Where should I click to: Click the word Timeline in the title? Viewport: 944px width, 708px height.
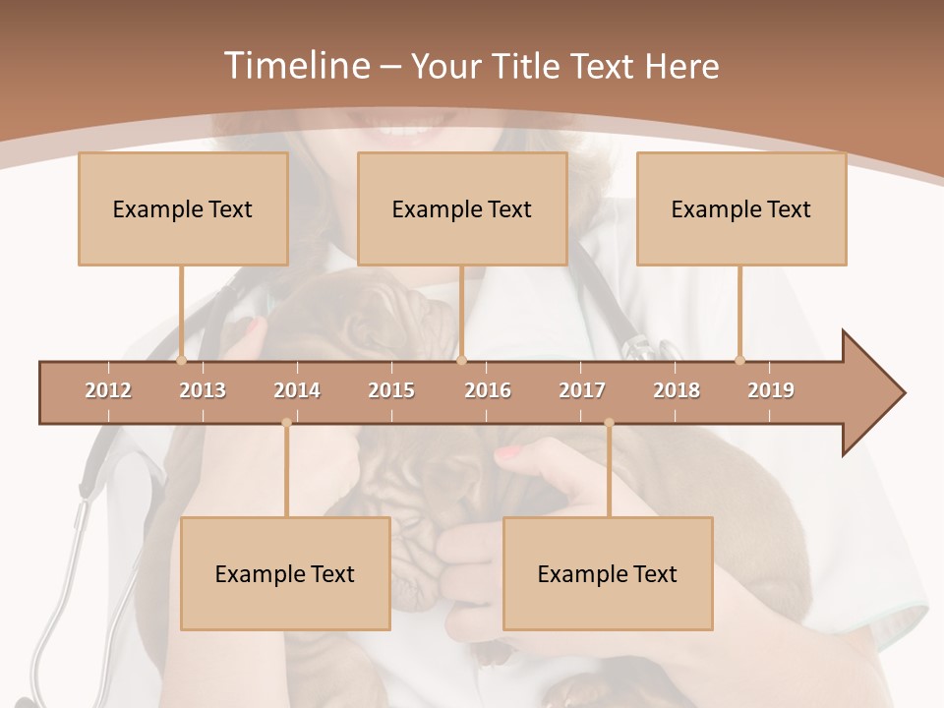[295, 66]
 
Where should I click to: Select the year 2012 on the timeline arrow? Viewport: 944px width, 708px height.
[108, 390]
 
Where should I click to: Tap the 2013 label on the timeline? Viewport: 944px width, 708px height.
[203, 390]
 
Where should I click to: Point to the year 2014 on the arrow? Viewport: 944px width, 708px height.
[297, 390]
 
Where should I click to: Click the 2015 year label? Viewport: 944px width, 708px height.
[391, 390]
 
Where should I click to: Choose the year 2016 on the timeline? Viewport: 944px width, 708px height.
[488, 390]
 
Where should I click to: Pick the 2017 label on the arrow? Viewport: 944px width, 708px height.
[582, 390]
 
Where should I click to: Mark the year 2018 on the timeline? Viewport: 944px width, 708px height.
[677, 390]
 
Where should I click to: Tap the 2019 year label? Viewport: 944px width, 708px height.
[771, 390]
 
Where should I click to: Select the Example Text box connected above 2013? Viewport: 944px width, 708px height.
[183, 208]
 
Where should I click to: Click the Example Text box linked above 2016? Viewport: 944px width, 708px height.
[462, 208]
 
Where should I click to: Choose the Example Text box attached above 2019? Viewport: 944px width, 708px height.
[741, 208]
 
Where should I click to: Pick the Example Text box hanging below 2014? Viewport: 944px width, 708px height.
[285, 573]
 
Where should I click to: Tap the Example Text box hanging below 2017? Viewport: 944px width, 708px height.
[608, 573]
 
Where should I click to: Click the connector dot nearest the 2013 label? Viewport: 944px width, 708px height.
[182, 360]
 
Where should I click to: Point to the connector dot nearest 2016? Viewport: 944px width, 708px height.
[462, 360]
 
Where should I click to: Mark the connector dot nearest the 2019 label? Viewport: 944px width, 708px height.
[740, 360]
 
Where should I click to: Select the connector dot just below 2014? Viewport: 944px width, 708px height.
[286, 423]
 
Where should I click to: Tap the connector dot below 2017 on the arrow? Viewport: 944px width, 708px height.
[609, 423]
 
